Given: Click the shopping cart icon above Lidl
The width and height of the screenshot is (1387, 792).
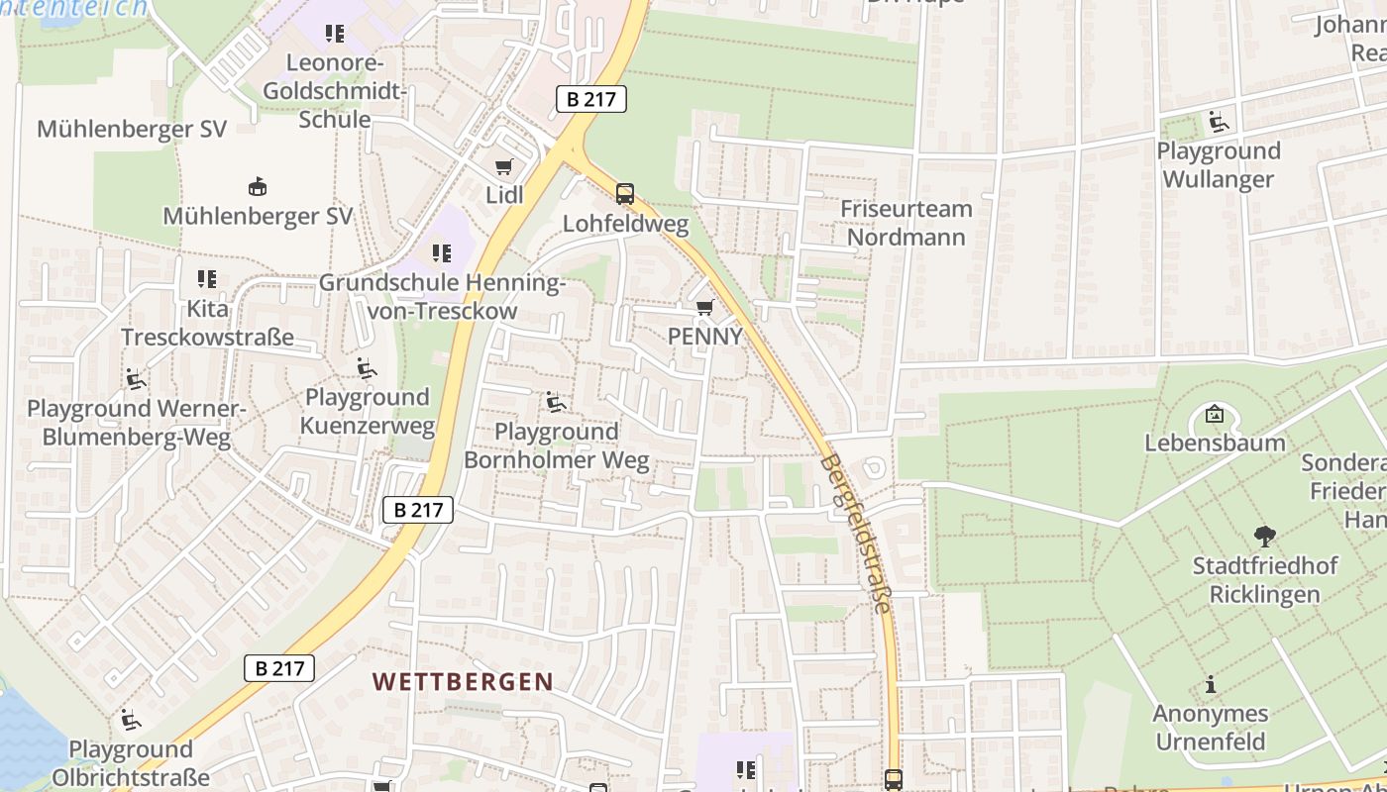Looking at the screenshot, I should pyautogui.click(x=503, y=167).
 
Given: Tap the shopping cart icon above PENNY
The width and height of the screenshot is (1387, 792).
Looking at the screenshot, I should pyautogui.click(x=704, y=308).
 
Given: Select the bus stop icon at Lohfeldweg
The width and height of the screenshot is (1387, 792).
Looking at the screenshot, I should pyautogui.click(x=624, y=194).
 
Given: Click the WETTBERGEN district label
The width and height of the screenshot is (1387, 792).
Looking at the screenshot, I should pyautogui.click(x=463, y=681).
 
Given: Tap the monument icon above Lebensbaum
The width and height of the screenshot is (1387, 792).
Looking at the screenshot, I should pyautogui.click(x=1214, y=414).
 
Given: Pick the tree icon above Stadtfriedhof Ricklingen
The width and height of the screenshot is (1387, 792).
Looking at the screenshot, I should pyautogui.click(x=1264, y=537).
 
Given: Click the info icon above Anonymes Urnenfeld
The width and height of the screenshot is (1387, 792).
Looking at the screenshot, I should pyautogui.click(x=1210, y=684).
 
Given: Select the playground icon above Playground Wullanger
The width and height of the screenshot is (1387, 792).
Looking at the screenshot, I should pyautogui.click(x=1219, y=122).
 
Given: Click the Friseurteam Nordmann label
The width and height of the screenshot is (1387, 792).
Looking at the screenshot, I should pyautogui.click(x=906, y=223).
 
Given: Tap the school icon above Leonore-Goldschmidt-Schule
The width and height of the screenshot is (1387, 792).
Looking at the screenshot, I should pyautogui.click(x=335, y=35).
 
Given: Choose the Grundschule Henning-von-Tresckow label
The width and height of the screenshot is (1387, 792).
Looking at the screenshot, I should pyautogui.click(x=442, y=296).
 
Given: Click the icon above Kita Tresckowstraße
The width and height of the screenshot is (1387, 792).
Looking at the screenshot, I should pyautogui.click(x=207, y=279).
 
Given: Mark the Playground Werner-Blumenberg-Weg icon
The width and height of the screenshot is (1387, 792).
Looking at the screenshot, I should pyautogui.click(x=135, y=379).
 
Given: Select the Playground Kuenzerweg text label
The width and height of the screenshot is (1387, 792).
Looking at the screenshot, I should pyautogui.click(x=368, y=412).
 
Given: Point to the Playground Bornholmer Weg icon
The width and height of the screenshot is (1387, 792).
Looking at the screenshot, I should pyautogui.click(x=556, y=402).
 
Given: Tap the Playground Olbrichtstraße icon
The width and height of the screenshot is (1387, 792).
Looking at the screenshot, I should pyautogui.click(x=130, y=720).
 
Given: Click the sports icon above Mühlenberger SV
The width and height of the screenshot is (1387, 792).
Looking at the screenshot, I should pyautogui.click(x=258, y=186).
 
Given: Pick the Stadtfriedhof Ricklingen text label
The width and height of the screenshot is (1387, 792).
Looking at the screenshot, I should pyautogui.click(x=1264, y=580).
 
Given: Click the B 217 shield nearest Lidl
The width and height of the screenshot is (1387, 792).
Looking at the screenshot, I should pyautogui.click(x=591, y=99).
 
